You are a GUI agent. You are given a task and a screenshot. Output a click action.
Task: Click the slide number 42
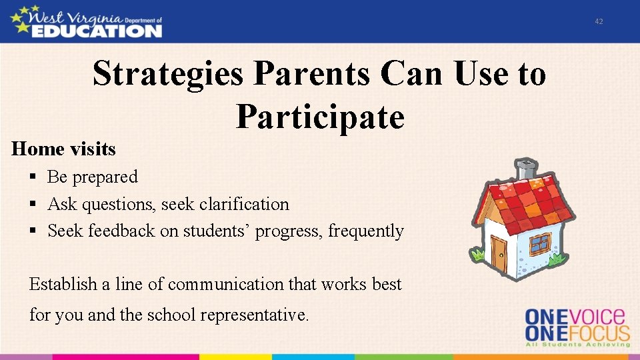pos(599,21)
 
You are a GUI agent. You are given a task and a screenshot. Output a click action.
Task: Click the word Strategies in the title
pos(168,73)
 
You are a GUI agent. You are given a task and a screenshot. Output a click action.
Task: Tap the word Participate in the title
pos(320,117)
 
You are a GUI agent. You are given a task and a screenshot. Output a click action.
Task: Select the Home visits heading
pos(63,149)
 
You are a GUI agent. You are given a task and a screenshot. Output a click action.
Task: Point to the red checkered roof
pos(527,200)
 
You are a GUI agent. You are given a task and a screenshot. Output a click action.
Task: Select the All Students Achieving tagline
pos(577,344)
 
